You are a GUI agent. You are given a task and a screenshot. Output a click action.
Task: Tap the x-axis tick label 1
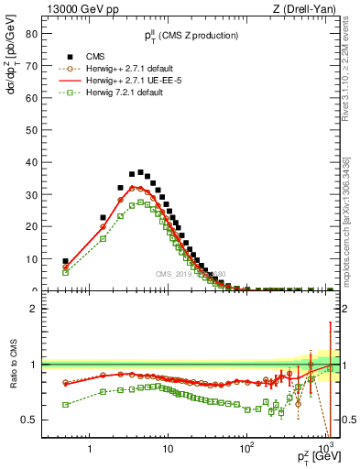pos(90,449)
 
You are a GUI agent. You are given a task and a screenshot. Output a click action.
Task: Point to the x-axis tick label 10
pos(167,449)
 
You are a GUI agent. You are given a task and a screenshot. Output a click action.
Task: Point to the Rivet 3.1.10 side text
pos(351,73)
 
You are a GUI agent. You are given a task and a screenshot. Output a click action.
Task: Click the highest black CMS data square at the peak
pos(140,172)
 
